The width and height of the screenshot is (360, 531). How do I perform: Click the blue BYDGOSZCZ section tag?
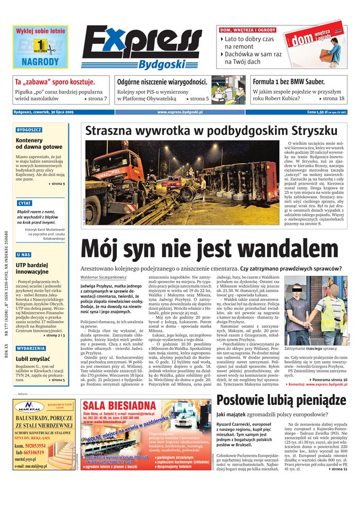point(29,130)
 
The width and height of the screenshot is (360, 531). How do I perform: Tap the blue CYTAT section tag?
point(24,203)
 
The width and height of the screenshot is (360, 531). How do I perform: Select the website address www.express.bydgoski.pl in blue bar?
point(180,112)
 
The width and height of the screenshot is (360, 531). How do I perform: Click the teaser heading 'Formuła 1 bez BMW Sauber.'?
point(289,82)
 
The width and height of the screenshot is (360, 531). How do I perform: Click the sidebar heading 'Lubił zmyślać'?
point(32,359)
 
